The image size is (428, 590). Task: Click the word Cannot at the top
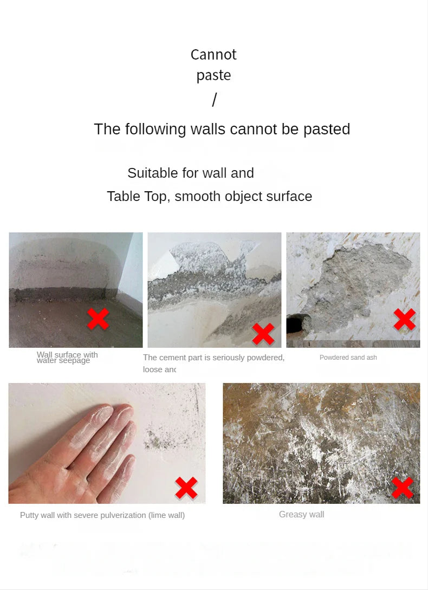[213, 54]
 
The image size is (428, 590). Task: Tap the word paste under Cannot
[213, 75]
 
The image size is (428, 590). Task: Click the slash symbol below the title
[214, 100]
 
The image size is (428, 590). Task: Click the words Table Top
[137, 196]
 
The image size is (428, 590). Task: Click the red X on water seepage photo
[98, 319]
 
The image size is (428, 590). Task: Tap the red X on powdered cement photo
[263, 334]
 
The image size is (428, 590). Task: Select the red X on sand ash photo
[404, 319]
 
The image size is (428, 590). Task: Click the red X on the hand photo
[186, 488]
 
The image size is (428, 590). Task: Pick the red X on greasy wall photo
[403, 488]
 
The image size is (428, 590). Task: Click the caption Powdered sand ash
[348, 358]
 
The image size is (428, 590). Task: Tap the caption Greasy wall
[301, 515]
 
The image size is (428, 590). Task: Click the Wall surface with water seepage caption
[67, 358]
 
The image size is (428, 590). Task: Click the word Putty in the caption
[29, 515]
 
